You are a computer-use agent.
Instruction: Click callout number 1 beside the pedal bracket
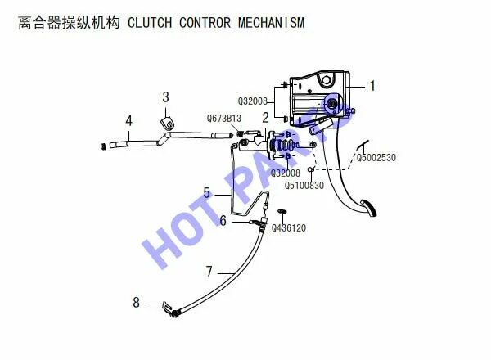372,84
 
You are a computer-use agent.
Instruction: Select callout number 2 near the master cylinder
265,118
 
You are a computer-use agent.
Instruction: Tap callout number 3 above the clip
166,97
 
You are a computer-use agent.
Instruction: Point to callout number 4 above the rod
128,121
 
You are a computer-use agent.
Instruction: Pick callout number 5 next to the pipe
207,194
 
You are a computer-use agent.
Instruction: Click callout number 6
223,219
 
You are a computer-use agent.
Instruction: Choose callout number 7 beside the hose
209,270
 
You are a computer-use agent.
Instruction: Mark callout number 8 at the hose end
137,303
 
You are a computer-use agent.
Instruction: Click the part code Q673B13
223,119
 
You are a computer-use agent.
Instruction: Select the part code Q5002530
376,157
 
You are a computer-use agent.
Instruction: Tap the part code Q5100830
304,185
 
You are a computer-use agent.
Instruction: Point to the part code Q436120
288,228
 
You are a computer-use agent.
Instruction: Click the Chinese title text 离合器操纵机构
70,22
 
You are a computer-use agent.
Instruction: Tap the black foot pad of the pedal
370,209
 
